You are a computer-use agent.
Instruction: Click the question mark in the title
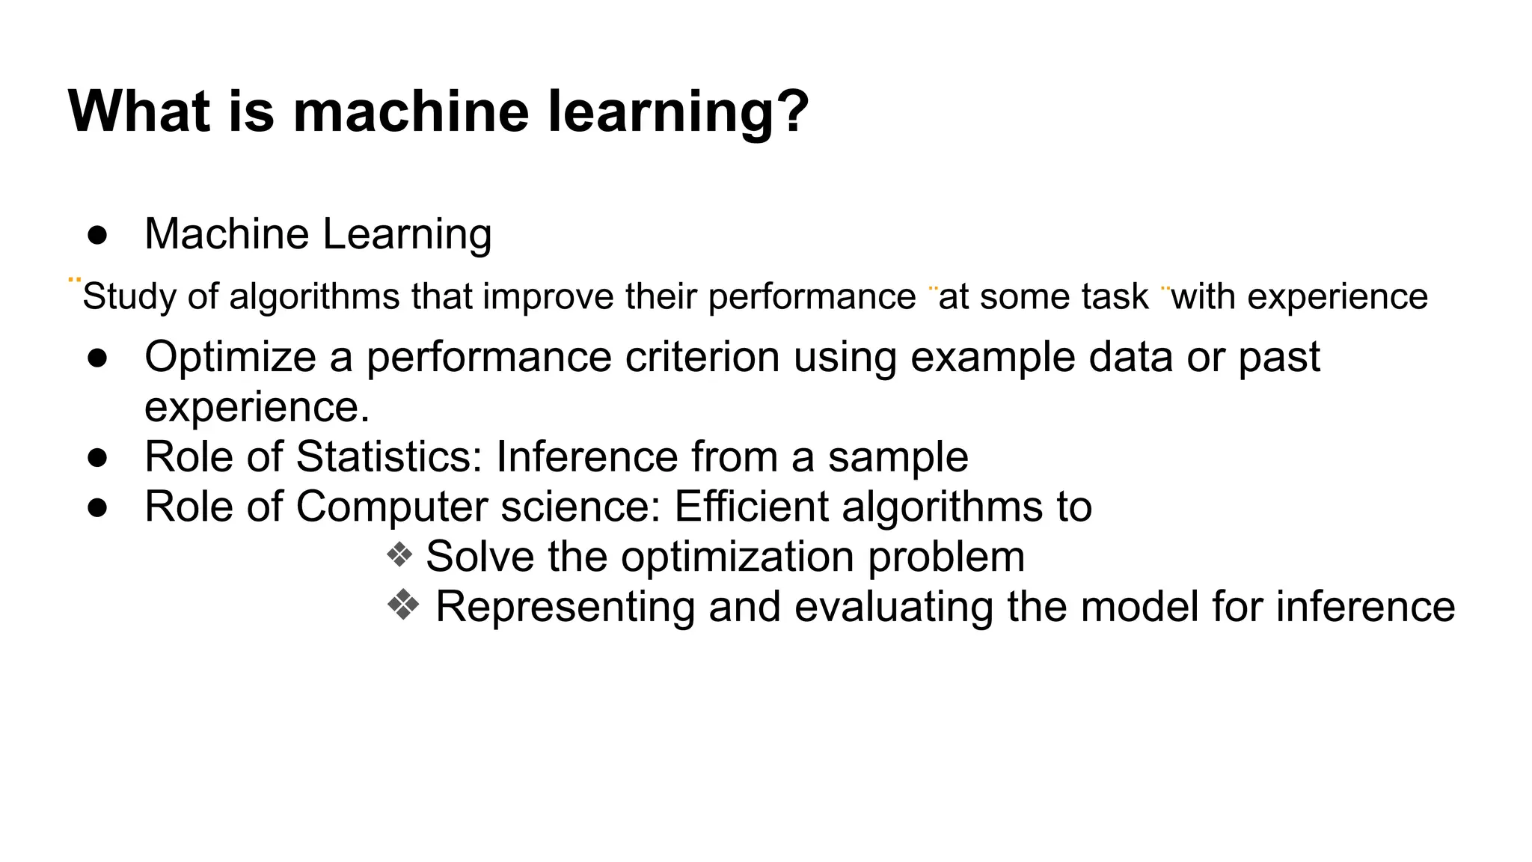791,111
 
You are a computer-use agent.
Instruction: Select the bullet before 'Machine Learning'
97,235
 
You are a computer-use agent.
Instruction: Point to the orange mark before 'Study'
74,281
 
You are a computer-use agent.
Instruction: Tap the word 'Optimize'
230,358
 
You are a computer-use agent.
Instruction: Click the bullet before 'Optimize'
97,358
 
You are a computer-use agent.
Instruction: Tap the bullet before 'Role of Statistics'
97,458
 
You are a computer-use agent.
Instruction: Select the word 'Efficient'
751,507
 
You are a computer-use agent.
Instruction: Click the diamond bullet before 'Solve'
399,555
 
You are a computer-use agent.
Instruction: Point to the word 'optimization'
738,557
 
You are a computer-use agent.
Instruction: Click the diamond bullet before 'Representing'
403,605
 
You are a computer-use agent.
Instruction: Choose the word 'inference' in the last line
1365,607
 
